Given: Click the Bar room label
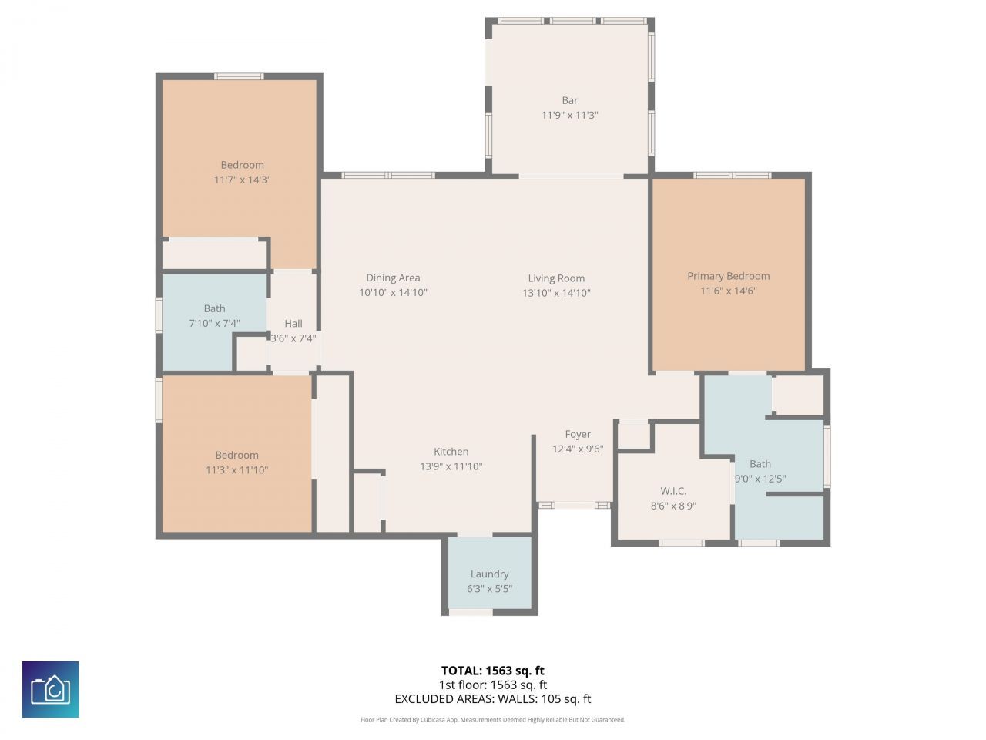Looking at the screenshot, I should (569, 100).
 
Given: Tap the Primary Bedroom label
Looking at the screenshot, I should (728, 276).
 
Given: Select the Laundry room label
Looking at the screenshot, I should (489, 573).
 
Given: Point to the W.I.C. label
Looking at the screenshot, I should (673, 491).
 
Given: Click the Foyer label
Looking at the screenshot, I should (578, 434).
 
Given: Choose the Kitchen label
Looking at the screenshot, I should (451, 452).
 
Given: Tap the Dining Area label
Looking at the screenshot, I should (393, 277).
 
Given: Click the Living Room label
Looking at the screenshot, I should (556, 278).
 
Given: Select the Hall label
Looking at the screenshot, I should (293, 324).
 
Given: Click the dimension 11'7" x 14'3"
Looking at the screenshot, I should (243, 180).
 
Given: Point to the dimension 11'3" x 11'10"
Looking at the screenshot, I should (236, 469).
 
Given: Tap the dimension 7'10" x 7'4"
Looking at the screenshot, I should (214, 324).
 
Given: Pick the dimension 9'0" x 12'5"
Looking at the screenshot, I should (760, 479).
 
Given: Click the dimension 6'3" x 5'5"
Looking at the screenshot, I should (489, 589).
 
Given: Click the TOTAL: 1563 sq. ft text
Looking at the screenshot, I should (492, 671).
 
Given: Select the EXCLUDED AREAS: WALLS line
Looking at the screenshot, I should (492, 699).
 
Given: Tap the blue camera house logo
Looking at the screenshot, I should (50, 689).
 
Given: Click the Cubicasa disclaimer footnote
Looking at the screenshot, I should (492, 720).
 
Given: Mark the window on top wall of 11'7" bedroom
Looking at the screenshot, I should (239, 76).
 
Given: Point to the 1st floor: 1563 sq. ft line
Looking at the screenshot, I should (492, 684).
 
